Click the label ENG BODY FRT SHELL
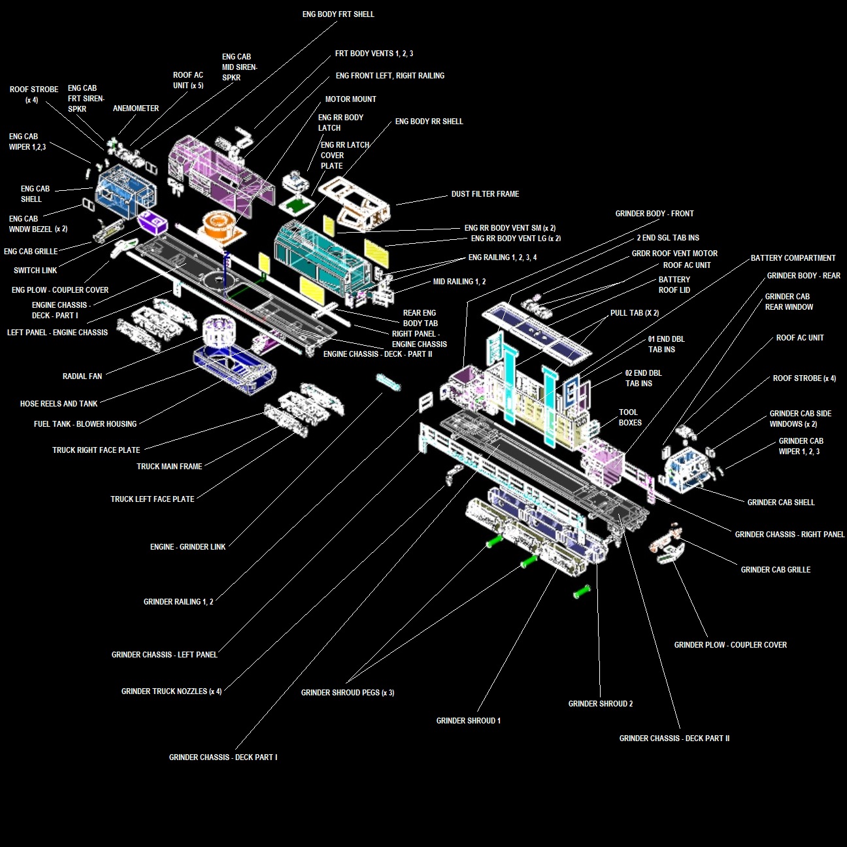(338, 14)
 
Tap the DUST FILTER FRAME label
(485, 194)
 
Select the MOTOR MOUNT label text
(350, 99)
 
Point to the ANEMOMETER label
(135, 108)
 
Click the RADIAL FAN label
(82, 376)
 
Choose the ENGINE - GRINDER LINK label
(188, 547)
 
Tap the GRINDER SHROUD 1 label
(468, 721)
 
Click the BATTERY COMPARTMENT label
(793, 258)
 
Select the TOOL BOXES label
(629, 418)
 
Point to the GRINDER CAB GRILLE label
(775, 570)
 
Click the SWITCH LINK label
(35, 271)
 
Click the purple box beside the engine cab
(154, 222)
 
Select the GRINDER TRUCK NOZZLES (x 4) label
(171, 691)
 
